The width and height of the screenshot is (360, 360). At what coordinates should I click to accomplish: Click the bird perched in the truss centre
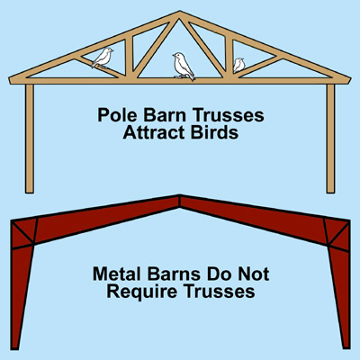click(183, 67)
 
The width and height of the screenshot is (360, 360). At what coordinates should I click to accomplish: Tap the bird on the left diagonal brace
click(103, 58)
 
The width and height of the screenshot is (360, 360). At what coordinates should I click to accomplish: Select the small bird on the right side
click(239, 65)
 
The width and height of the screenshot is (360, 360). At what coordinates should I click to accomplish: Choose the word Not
click(253, 274)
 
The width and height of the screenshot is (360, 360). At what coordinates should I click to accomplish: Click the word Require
click(142, 292)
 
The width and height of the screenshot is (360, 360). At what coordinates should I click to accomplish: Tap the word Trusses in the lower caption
click(219, 292)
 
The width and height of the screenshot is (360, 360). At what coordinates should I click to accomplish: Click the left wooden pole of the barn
click(30, 139)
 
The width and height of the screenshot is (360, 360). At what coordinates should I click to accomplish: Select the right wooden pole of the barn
click(330, 139)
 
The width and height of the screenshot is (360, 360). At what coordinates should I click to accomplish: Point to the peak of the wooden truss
click(179, 12)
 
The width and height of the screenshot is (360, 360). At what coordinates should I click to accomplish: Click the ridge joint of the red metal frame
click(179, 201)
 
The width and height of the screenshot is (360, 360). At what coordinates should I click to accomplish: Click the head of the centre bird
click(178, 57)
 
